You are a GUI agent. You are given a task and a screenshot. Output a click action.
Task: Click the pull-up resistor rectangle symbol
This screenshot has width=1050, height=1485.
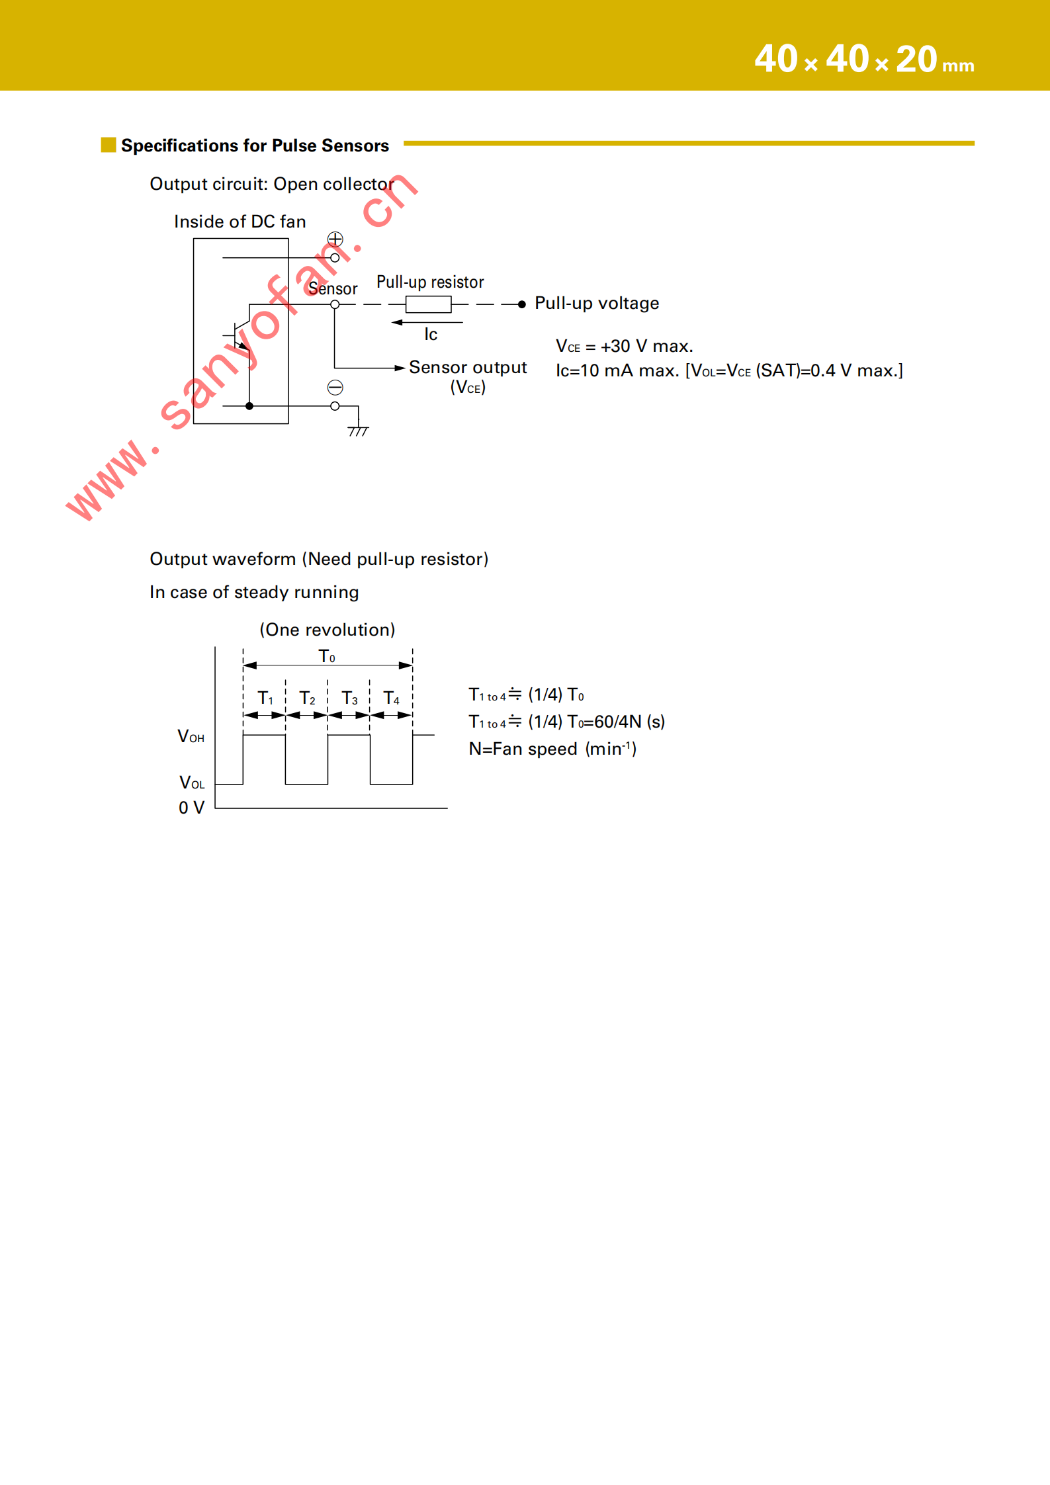point(428,304)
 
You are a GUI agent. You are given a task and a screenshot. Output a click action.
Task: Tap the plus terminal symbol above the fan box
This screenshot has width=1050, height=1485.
point(335,239)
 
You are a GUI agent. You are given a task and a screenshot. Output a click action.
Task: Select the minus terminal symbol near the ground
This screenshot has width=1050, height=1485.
point(335,387)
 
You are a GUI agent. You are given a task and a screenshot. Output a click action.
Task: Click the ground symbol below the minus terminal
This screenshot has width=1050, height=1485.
point(358,431)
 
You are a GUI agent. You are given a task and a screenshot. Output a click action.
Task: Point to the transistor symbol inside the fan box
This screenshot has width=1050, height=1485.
point(241,335)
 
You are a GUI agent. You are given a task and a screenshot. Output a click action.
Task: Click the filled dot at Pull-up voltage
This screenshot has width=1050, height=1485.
point(522,304)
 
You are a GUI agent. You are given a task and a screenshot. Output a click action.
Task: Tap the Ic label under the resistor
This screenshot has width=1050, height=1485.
point(431,335)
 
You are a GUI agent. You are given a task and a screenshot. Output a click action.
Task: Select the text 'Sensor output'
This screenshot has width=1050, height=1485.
point(467,367)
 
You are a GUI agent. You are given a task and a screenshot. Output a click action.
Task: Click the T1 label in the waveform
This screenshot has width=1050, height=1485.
point(265,698)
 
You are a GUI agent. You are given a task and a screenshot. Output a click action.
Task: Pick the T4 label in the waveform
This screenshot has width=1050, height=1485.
point(392,698)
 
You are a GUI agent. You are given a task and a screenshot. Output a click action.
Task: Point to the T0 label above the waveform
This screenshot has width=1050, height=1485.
point(327,656)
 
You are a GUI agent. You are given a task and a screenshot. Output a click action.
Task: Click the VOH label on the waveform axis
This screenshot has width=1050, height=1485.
point(191,736)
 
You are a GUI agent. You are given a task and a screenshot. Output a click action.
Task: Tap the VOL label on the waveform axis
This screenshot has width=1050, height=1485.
point(192,783)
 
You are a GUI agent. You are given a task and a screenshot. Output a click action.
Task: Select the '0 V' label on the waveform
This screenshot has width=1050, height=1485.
point(191,808)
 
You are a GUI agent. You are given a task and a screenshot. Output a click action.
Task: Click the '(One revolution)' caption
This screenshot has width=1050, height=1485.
point(327,630)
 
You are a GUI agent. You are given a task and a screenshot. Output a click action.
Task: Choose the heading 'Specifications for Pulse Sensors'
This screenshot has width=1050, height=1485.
point(255,146)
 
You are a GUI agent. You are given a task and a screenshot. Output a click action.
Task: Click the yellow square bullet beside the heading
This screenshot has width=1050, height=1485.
point(109,145)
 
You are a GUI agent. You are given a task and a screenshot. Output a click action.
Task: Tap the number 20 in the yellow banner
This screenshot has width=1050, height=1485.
point(916,60)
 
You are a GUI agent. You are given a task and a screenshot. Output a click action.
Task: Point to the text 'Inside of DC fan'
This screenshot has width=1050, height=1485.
point(240,222)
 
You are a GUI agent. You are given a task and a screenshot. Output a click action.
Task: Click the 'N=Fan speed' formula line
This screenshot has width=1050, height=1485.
point(552,749)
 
